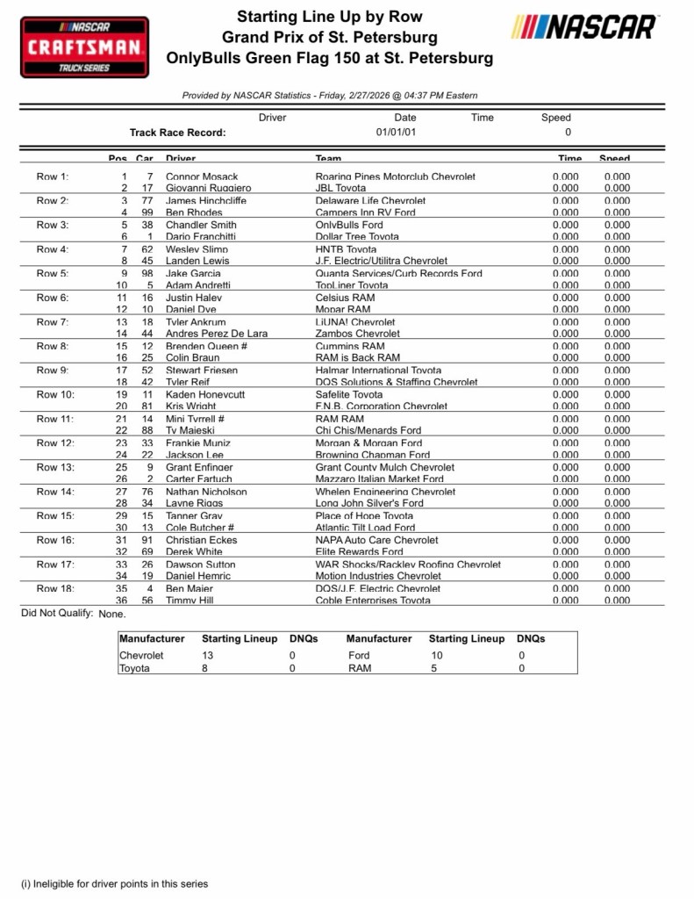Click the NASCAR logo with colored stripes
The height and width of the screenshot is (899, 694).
pyautogui.click(x=584, y=27)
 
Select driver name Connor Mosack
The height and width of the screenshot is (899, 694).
pyautogui.click(x=202, y=176)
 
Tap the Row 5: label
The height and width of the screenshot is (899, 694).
pyautogui.click(x=52, y=273)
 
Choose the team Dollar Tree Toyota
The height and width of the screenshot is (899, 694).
pyautogui.click(x=356, y=237)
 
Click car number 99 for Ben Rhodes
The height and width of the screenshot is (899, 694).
pyautogui.click(x=147, y=212)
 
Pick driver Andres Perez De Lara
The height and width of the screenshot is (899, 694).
pyautogui.click(x=216, y=334)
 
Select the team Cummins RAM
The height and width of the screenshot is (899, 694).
pyautogui.click(x=350, y=346)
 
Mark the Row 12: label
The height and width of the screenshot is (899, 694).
pyautogui.click(x=54, y=442)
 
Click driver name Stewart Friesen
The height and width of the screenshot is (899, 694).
pyautogui.click(x=201, y=370)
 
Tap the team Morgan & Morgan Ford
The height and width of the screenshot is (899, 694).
pyautogui.click(x=368, y=442)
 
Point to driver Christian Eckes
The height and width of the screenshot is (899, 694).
pyautogui.click(x=201, y=540)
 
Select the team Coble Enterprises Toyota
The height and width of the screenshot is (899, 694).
pyautogui.click(x=373, y=601)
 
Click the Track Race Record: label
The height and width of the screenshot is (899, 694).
pyautogui.click(x=177, y=133)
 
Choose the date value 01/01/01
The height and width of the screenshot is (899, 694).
pyautogui.click(x=397, y=133)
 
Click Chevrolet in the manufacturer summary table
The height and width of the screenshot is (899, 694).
pyautogui.click(x=141, y=655)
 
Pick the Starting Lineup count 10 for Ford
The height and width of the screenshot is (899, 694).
pyautogui.click(x=436, y=655)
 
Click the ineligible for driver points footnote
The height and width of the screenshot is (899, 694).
pyautogui.click(x=114, y=883)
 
